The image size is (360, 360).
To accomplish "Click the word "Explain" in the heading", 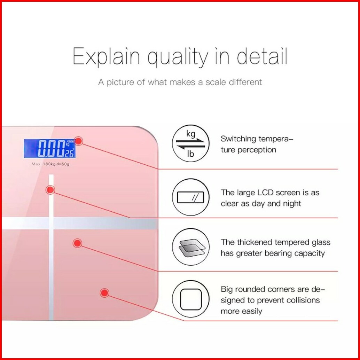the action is pos(106,56).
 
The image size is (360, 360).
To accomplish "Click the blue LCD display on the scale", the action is pos(49,148).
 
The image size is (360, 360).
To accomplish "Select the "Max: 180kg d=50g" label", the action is pos(50,164).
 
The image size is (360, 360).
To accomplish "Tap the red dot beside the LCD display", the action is pos(79,141).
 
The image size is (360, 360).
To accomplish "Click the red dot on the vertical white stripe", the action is pos(50,190).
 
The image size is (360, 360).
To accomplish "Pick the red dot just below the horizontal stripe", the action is pos(77,243).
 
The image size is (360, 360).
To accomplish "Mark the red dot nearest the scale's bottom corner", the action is pos(104,292).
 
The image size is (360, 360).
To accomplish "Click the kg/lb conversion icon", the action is pos(190,143).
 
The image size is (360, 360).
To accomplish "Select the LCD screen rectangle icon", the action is pos(190,197).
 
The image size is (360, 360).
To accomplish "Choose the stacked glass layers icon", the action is pos(190,247).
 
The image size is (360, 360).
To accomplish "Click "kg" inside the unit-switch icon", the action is pos(190,133).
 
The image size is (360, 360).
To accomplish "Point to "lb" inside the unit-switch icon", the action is pos(190,154).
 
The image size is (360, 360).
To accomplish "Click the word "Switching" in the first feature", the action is pos(238,139).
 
